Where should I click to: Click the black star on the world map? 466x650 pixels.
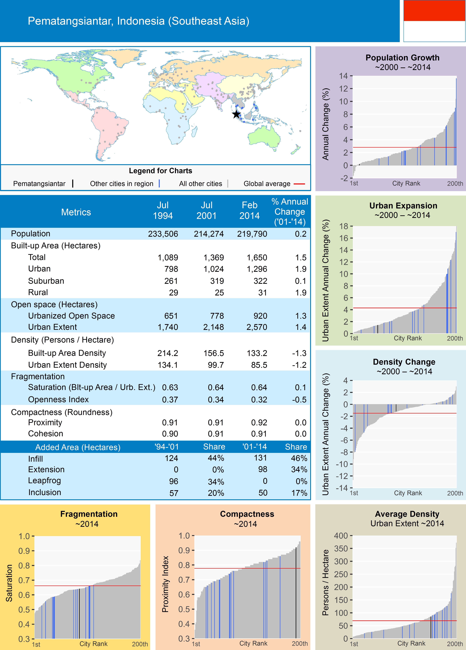pyautogui.click(x=236, y=114)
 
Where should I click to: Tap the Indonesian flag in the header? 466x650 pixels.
pyautogui.click(x=434, y=21)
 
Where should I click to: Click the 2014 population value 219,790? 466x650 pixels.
pyautogui.click(x=252, y=234)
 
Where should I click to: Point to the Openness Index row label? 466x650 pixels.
pyautogui.click(x=58, y=400)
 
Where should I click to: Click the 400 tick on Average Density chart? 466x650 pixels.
pyautogui.click(x=341, y=536)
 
